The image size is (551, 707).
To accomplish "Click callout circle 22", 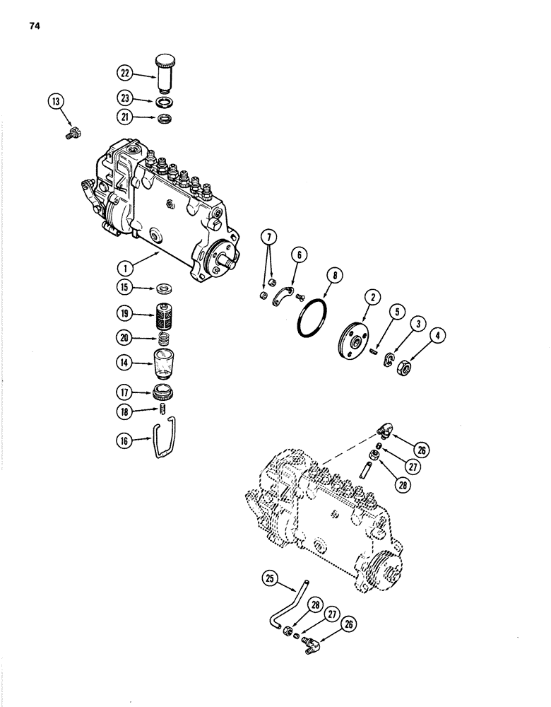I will click(x=125, y=71).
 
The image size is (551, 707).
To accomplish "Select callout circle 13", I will click(x=54, y=103).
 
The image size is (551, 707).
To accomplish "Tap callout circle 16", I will click(x=125, y=441).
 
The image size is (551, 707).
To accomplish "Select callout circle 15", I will click(x=125, y=287).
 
